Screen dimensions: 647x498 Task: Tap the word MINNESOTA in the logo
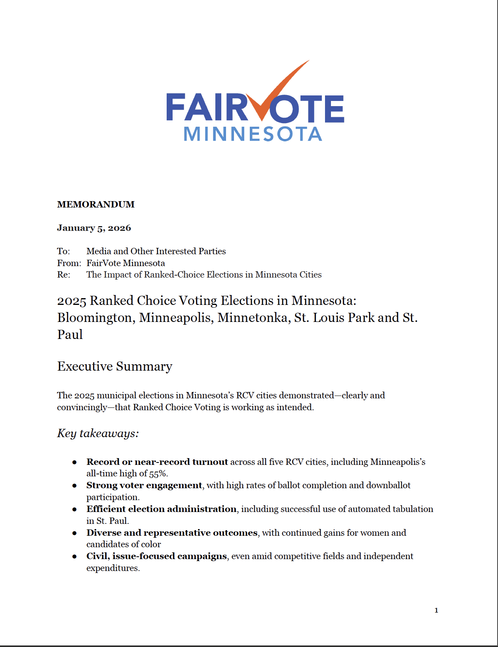253,134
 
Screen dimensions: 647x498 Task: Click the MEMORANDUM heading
96,204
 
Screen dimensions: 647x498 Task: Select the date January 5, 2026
94,228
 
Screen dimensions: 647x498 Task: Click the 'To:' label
63,251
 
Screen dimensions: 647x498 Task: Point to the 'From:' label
69,263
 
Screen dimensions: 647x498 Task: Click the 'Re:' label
64,274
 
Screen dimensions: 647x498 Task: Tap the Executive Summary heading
115,366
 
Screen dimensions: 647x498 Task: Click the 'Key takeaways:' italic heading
98,433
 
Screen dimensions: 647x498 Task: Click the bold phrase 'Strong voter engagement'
144,485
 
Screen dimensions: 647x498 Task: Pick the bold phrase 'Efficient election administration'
162,509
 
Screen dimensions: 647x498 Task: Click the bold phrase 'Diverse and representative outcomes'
172,533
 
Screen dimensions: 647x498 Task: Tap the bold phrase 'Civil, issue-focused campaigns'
156,556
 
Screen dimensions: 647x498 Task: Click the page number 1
436,610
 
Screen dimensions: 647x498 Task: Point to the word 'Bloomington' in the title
94,318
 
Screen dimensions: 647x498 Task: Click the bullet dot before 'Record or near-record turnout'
74,462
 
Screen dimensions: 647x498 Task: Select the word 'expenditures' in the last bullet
112,568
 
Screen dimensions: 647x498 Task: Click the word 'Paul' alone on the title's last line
70,335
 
